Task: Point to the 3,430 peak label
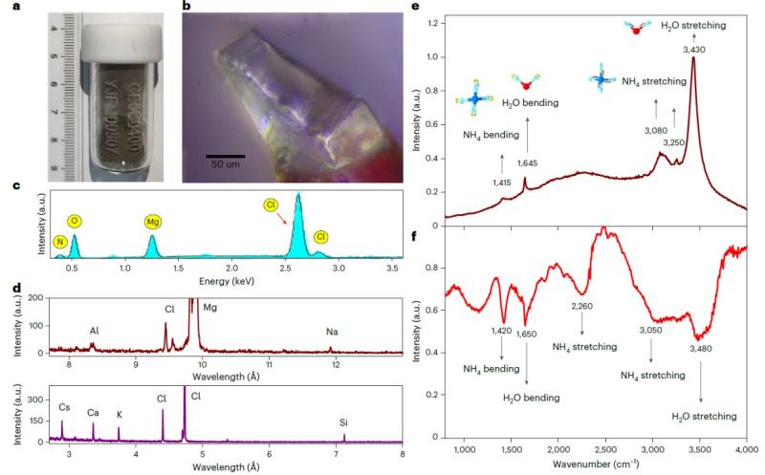click(692, 46)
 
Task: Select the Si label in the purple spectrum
click(344, 421)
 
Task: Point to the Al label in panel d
click(95, 331)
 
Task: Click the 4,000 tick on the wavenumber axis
click(747, 448)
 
